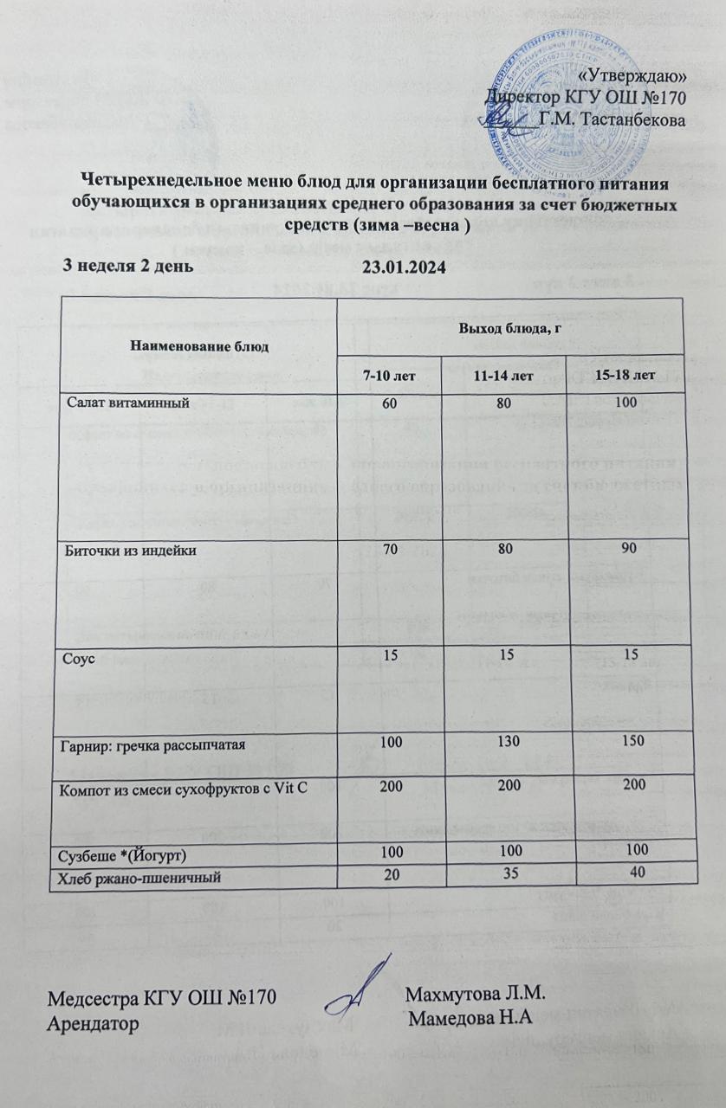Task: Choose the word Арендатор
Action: click(95, 1021)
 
